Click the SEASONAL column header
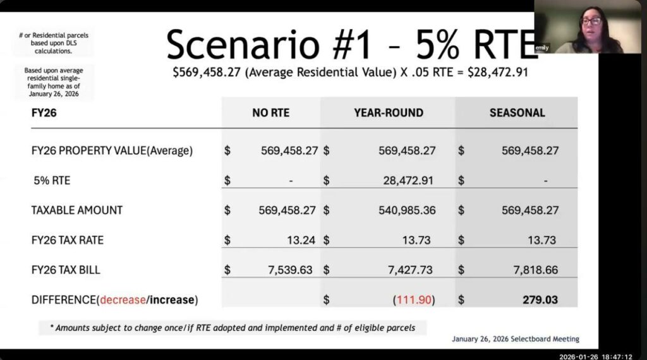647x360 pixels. [517, 112]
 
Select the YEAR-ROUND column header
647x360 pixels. [389, 112]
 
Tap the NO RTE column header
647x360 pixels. [270, 112]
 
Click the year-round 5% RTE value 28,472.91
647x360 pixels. [408, 180]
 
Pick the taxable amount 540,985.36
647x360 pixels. [407, 210]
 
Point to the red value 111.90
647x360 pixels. [414, 300]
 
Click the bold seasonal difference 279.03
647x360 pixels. [540, 300]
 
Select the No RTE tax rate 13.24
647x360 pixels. [301, 240]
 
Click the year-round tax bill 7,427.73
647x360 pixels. [410, 270]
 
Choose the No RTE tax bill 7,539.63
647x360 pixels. [290, 270]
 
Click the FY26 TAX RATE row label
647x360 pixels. [67, 240]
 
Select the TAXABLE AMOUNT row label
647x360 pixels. [76, 210]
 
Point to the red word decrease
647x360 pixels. [123, 300]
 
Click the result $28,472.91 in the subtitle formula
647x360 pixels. [498, 72]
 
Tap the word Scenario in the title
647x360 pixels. [243, 45]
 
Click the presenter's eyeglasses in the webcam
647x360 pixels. [591, 21]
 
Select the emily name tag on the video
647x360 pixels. [541, 48]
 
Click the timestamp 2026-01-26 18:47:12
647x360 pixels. [595, 357]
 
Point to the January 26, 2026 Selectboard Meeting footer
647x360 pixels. [516, 339]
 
